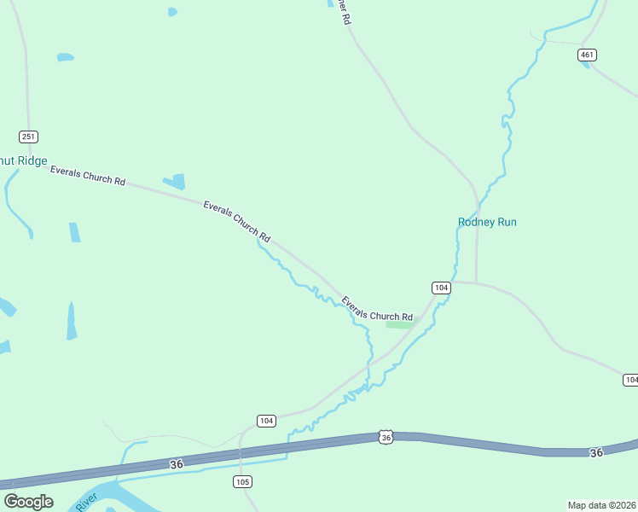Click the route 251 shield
tap(29, 137)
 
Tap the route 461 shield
tap(587, 55)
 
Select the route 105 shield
tap(243, 482)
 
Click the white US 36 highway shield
tap(386, 437)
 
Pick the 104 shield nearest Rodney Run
tap(440, 288)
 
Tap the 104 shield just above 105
tap(266, 421)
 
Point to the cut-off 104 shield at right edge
tap(630, 380)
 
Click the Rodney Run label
tap(487, 222)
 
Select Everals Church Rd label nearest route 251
tap(88, 176)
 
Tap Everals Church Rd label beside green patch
tap(377, 309)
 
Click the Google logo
tap(28, 502)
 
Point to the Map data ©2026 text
tap(601, 504)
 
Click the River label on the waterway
tap(87, 501)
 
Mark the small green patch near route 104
tap(400, 323)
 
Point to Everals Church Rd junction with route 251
tap(32, 163)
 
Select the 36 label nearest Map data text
tap(596, 452)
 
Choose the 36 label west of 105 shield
tap(177, 464)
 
